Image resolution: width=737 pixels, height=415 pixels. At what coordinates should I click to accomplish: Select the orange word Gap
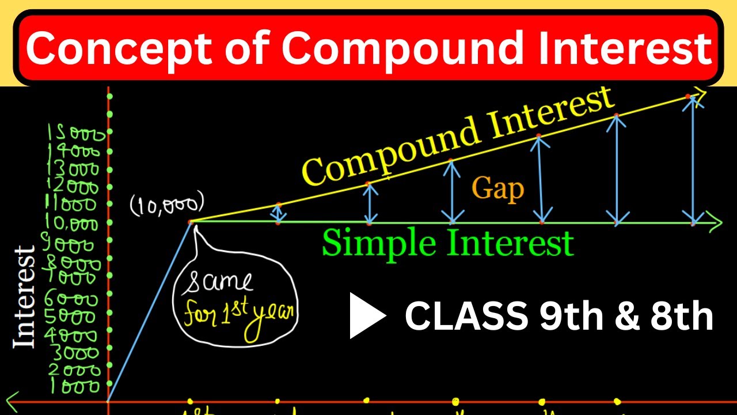(x=498, y=188)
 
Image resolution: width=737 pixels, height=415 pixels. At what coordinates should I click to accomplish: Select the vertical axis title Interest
(x=24, y=297)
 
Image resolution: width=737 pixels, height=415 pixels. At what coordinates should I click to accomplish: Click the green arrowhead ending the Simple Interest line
(x=715, y=222)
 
